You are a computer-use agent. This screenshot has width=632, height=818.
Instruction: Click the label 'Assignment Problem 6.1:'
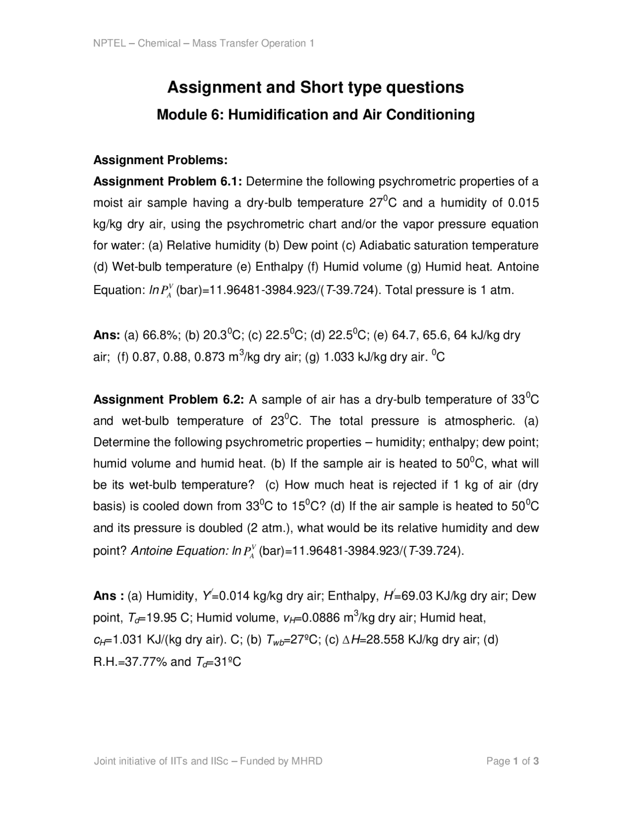pos(167,181)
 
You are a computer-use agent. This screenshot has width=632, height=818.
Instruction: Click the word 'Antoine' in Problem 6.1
pos(518,267)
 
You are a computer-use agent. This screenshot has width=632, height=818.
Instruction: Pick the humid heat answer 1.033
pos(339,357)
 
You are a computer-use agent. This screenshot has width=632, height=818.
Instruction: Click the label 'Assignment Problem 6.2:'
pos(168,400)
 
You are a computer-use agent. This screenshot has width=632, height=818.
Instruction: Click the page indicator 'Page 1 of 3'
pos(512,761)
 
